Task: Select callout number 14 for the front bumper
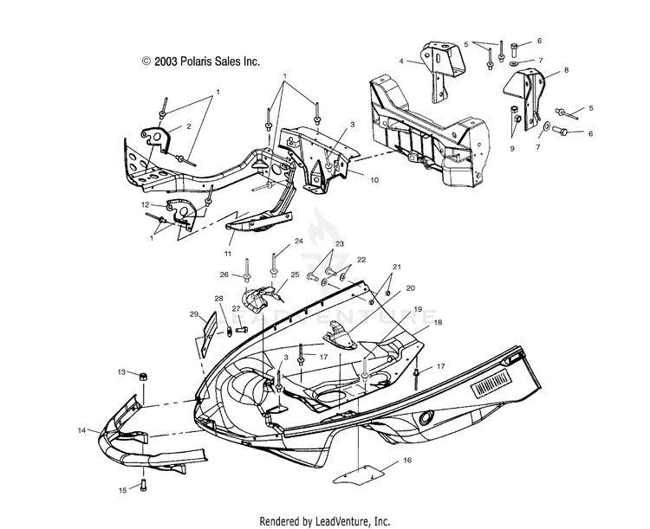coord(82,429)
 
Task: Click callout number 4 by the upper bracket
coord(401,61)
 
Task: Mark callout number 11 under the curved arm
coord(228,254)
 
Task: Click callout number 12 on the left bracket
coord(146,204)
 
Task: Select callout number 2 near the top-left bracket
coord(188,126)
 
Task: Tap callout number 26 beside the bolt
coord(224,276)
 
